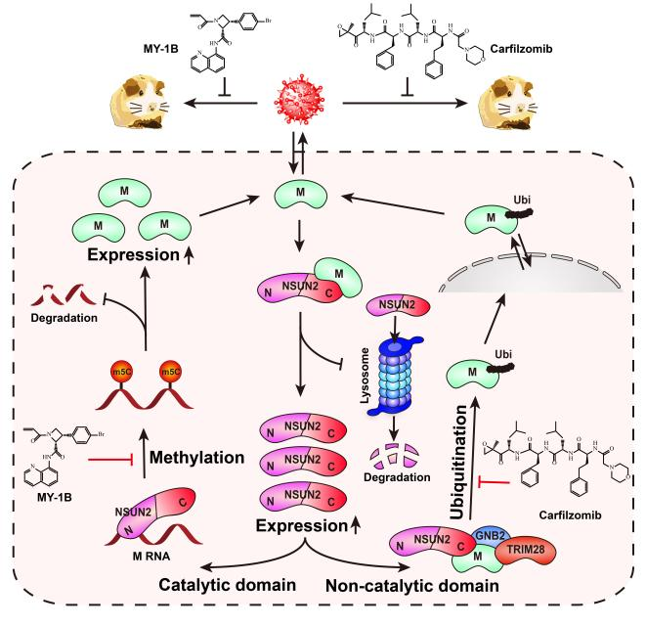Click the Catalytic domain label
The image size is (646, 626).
(x=227, y=584)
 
